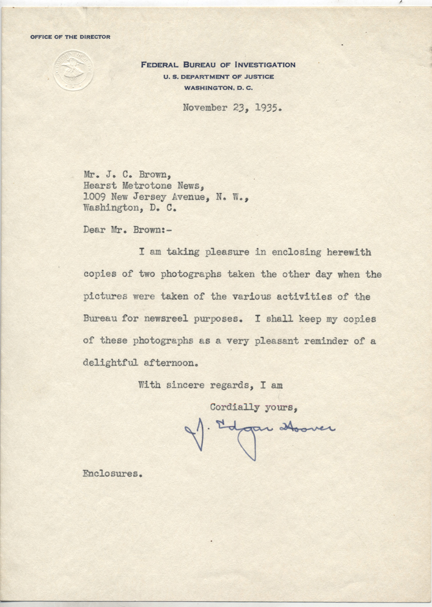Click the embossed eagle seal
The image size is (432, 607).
tap(74, 70)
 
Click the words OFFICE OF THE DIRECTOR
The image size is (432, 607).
tap(70, 37)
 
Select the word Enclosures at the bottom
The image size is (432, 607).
tap(111, 474)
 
